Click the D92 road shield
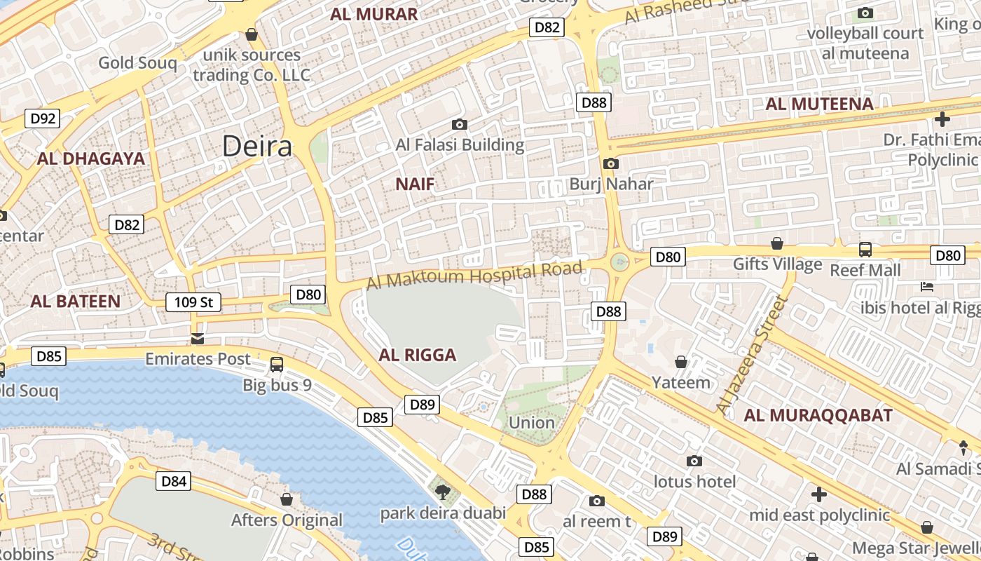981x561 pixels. click(x=43, y=119)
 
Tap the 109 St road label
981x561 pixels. click(x=193, y=302)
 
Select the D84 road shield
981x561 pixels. click(x=174, y=481)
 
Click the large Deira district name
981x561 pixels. click(x=257, y=147)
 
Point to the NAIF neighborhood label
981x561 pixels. click(x=415, y=184)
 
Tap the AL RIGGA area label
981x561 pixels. click(x=418, y=355)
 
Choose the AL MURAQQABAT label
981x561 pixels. click(x=818, y=415)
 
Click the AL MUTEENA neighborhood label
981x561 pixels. click(x=819, y=104)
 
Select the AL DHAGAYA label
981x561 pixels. click(x=91, y=158)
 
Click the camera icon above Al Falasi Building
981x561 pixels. click(x=460, y=125)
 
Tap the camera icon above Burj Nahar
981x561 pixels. click(x=611, y=163)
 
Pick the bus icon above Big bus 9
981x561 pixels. click(x=277, y=365)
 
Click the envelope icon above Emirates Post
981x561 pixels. click(x=198, y=339)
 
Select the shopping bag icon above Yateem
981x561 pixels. click(x=680, y=362)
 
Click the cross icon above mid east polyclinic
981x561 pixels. click(x=819, y=494)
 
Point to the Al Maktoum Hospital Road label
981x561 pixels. click(x=474, y=275)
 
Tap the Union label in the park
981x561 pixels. click(x=532, y=423)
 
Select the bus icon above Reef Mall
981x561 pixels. click(x=865, y=250)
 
